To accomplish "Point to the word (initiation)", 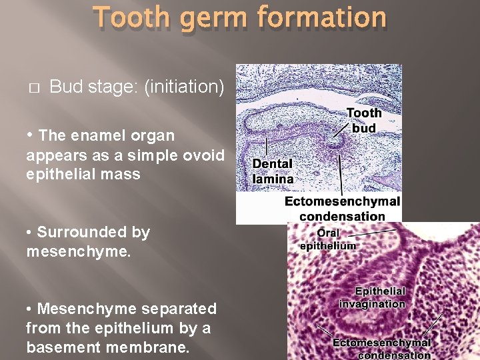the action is (184, 87).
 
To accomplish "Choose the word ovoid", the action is (205, 155).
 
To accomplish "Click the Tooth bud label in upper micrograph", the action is (364, 120).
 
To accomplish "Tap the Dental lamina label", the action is (272, 171).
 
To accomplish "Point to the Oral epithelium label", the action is (327, 239).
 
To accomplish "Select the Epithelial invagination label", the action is (372, 297).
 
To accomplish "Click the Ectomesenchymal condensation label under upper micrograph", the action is (343, 208).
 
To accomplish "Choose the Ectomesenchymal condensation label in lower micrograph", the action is (381, 349).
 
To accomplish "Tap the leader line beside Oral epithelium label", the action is (373, 233).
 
